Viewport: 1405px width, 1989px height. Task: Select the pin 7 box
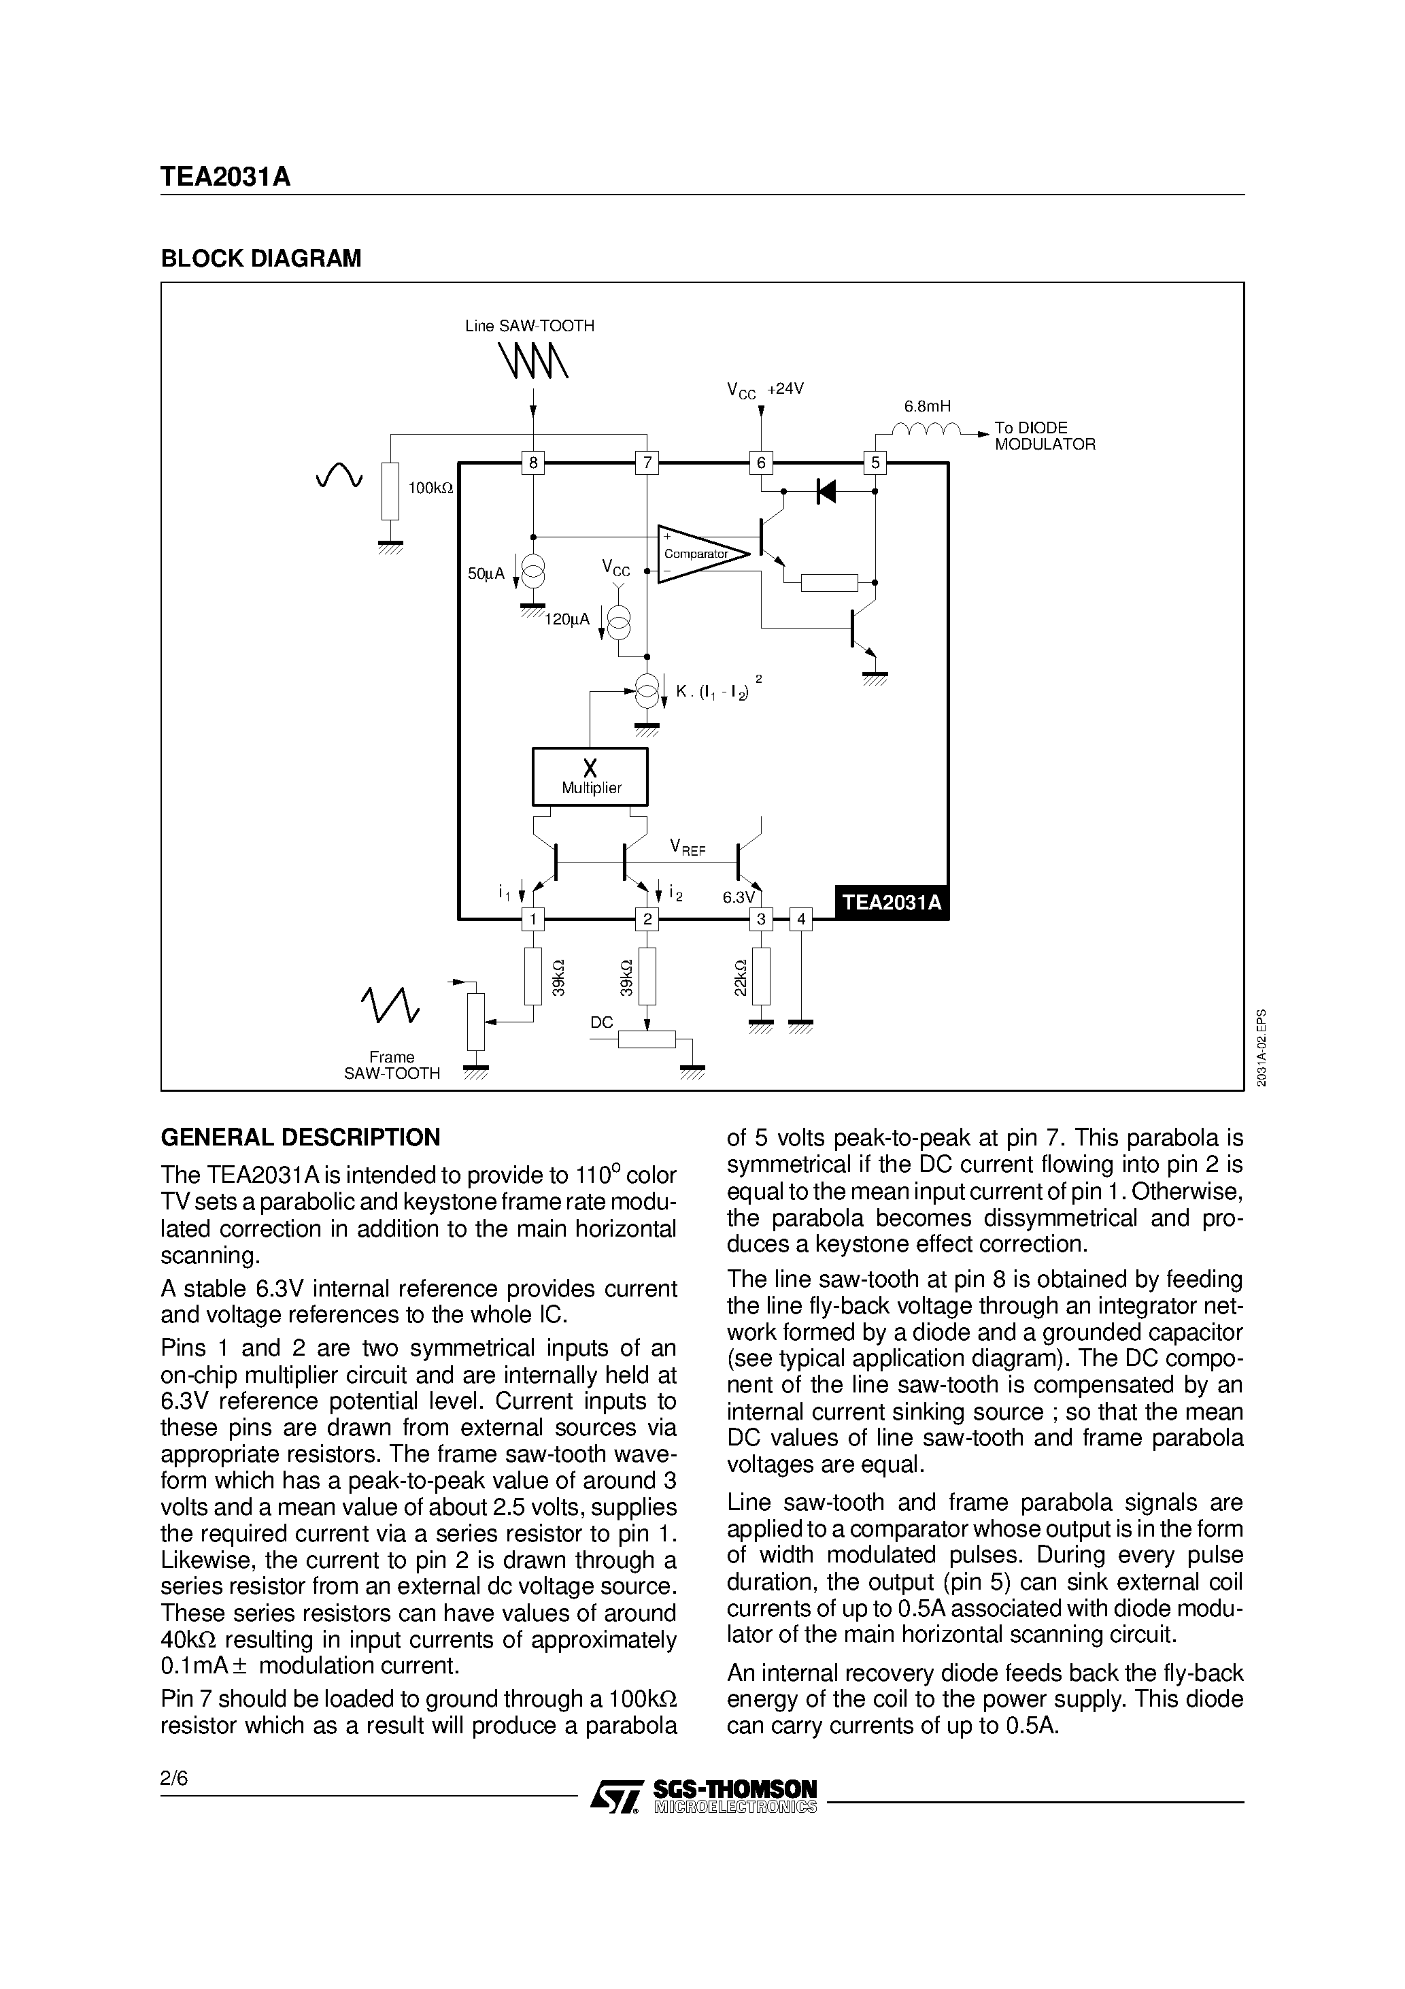[646, 463]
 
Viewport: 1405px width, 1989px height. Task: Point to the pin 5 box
[875, 463]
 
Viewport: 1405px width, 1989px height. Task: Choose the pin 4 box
[801, 919]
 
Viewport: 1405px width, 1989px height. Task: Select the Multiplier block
[590, 776]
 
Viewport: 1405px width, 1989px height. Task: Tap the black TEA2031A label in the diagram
[892, 902]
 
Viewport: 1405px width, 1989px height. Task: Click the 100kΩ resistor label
[430, 488]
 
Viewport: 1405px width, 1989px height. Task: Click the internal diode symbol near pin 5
[826, 492]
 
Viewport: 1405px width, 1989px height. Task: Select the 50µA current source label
[486, 573]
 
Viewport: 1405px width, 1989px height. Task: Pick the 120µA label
[566, 620]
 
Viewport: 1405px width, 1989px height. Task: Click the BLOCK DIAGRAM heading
[260, 258]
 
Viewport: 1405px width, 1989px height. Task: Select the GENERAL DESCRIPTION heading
[300, 1137]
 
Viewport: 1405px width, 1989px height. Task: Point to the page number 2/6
[173, 1777]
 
